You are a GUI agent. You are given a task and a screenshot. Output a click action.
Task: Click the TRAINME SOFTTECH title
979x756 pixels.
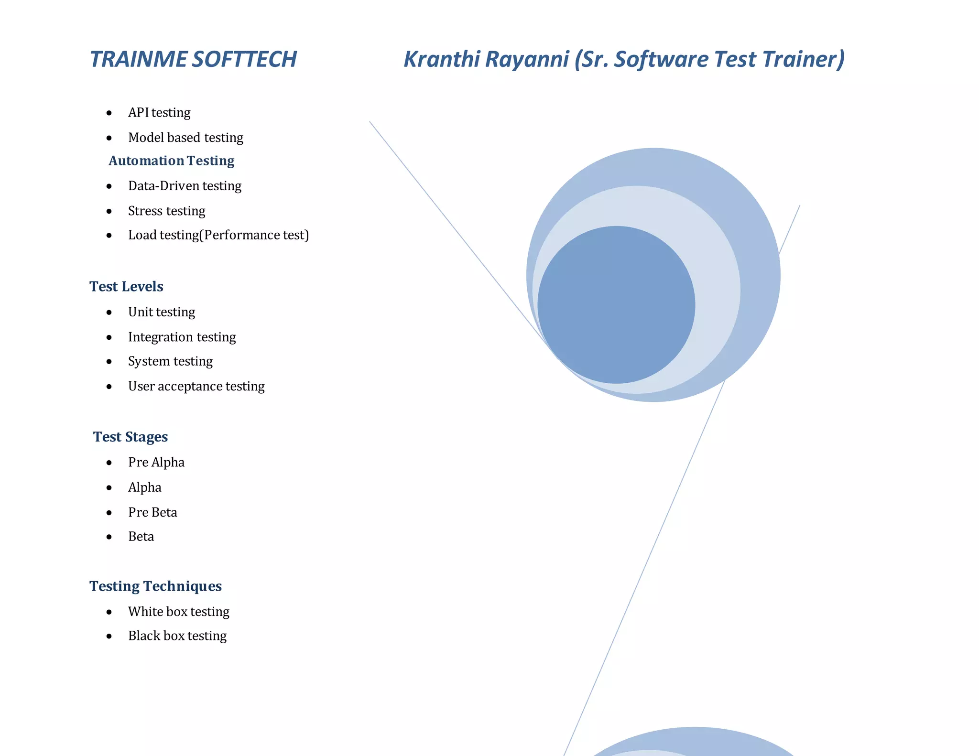point(193,59)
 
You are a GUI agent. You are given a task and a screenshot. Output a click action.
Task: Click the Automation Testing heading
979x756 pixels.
point(171,161)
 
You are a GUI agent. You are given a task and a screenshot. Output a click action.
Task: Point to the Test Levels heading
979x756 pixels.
point(126,286)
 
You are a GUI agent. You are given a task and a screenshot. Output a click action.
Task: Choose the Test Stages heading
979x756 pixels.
point(130,437)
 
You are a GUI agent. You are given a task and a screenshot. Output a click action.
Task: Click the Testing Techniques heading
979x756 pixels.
point(155,586)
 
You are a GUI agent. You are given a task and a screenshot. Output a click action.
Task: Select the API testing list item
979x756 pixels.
point(159,112)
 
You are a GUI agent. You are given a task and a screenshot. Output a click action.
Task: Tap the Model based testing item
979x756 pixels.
point(185,138)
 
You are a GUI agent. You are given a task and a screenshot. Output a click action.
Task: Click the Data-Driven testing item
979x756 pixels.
point(185,186)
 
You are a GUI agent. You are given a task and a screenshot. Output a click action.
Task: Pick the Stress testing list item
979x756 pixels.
point(166,211)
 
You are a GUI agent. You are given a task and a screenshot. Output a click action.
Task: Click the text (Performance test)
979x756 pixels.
point(254,235)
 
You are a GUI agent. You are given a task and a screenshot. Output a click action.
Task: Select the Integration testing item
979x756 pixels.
point(182,337)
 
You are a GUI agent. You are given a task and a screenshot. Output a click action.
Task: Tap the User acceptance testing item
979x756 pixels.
point(196,386)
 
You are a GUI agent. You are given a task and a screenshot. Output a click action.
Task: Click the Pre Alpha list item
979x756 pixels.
point(156,462)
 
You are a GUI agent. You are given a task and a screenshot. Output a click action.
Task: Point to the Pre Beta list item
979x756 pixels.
point(152,512)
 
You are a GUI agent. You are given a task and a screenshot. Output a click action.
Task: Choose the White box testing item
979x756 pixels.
point(178,612)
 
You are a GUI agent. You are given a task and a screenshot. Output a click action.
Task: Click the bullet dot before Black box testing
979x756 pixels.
point(109,637)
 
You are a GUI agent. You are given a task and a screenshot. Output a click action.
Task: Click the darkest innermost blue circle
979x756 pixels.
point(616,305)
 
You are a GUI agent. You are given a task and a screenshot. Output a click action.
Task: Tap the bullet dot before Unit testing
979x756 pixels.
point(109,313)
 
